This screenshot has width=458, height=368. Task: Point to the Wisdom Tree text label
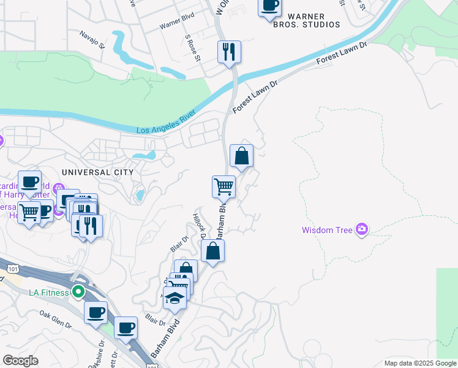tap(327, 230)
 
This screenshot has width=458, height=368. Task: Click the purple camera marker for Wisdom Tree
tap(362, 229)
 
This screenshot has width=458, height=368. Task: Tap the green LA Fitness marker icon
tap(77, 292)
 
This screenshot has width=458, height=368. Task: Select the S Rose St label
tap(192, 48)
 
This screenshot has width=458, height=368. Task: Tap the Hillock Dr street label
tap(200, 227)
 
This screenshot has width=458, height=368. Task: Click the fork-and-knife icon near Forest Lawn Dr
tap(229, 52)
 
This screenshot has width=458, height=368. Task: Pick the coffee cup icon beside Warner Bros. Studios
tap(269, 6)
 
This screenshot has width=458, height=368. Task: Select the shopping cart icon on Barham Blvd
tap(223, 186)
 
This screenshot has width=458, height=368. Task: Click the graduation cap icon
tap(175, 298)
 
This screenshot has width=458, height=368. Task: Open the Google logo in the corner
tap(20, 361)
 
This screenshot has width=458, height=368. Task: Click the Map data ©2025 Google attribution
tap(419, 363)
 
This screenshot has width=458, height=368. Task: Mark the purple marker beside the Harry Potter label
tap(59, 188)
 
